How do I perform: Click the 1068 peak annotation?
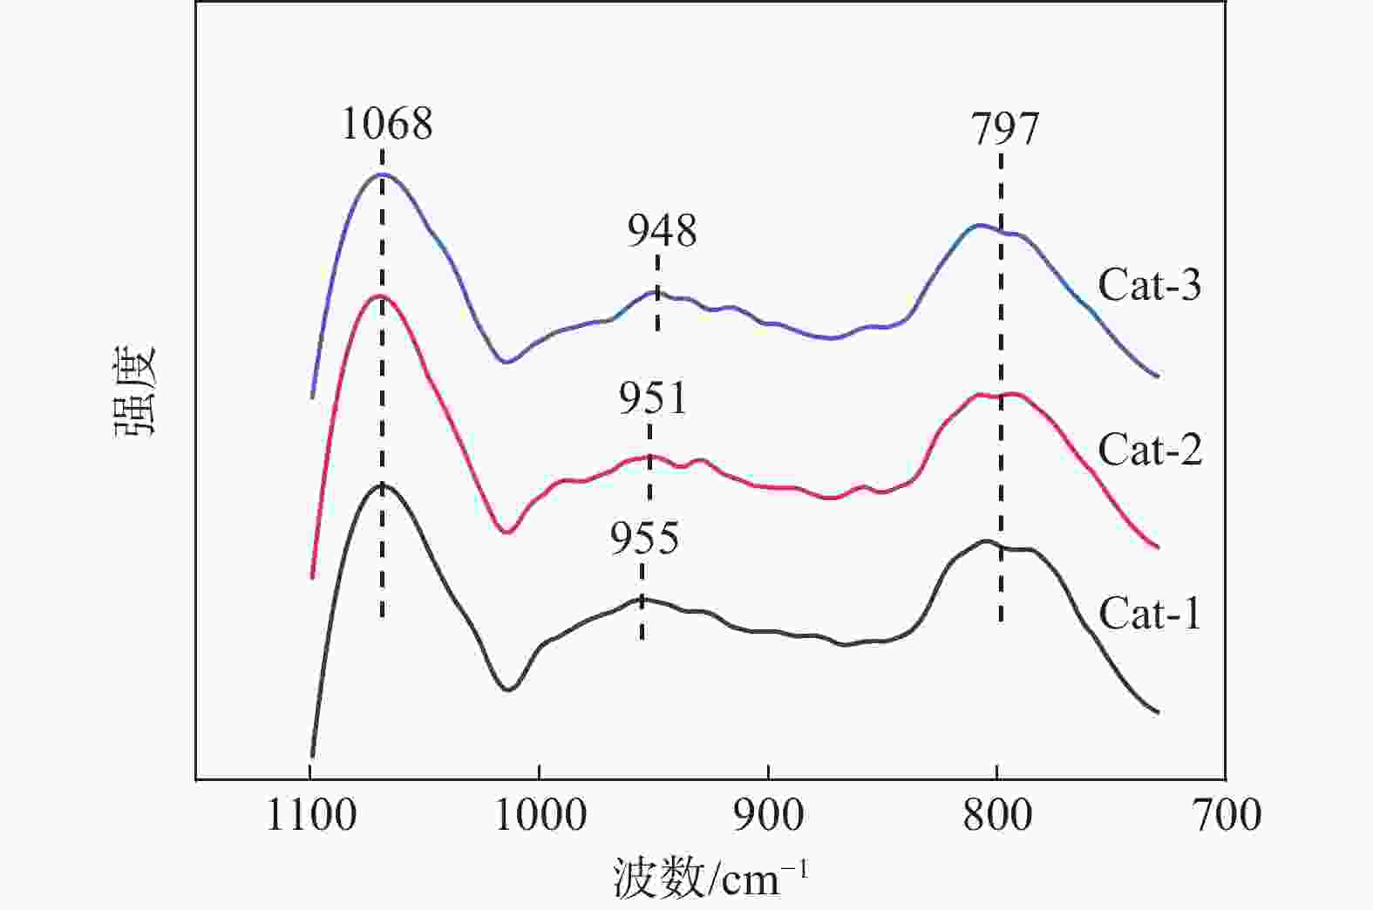coord(386,124)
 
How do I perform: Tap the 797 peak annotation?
coord(1005,130)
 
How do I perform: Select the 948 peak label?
coord(663,231)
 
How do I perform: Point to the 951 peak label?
coord(653,398)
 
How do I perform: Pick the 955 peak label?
coord(644,539)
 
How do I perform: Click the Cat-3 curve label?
coord(1149,285)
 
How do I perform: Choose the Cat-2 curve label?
coord(1149,450)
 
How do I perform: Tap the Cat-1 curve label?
coord(1149,614)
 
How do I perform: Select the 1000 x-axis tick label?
coord(540,817)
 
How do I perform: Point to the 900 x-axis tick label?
coord(768,817)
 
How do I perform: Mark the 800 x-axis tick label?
coord(997,817)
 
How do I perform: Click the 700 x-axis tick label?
coord(1226,817)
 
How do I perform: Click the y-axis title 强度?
coord(133,390)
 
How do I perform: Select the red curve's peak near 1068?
coord(382,296)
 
